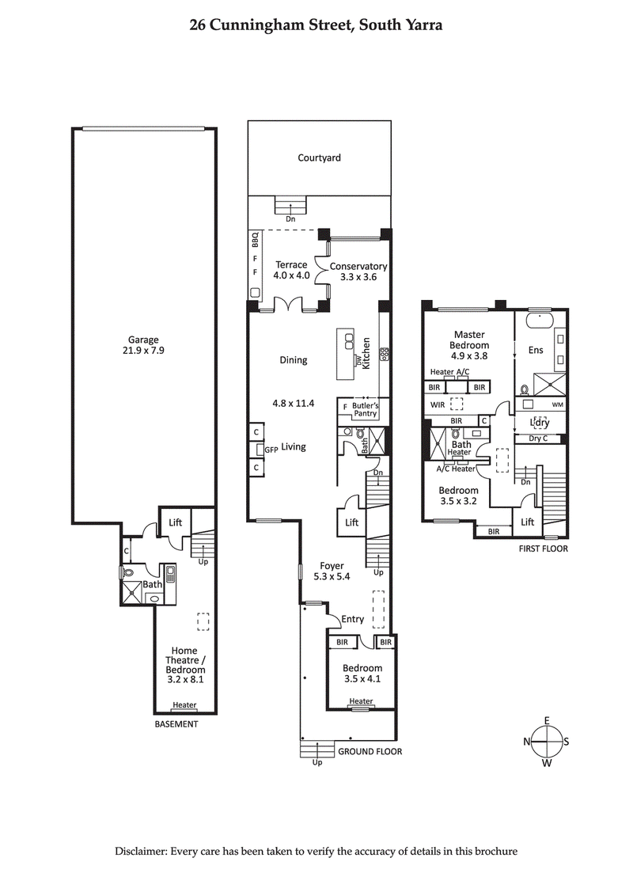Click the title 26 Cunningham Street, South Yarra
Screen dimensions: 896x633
(x=316, y=25)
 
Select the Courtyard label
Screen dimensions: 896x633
(x=319, y=158)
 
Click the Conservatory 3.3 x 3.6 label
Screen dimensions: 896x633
(x=358, y=271)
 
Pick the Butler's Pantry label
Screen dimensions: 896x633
(x=365, y=408)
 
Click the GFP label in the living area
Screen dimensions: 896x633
(x=271, y=449)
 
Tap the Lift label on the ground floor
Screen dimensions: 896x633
(x=351, y=522)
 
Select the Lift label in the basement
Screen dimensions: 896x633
(x=175, y=522)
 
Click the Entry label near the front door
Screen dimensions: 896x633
(x=352, y=620)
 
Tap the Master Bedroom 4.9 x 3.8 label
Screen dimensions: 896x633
(x=470, y=345)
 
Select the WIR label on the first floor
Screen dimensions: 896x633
(x=437, y=404)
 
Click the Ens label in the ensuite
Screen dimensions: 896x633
(x=536, y=350)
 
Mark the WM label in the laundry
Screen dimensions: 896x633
(x=557, y=404)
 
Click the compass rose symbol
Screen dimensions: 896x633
(x=547, y=742)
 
